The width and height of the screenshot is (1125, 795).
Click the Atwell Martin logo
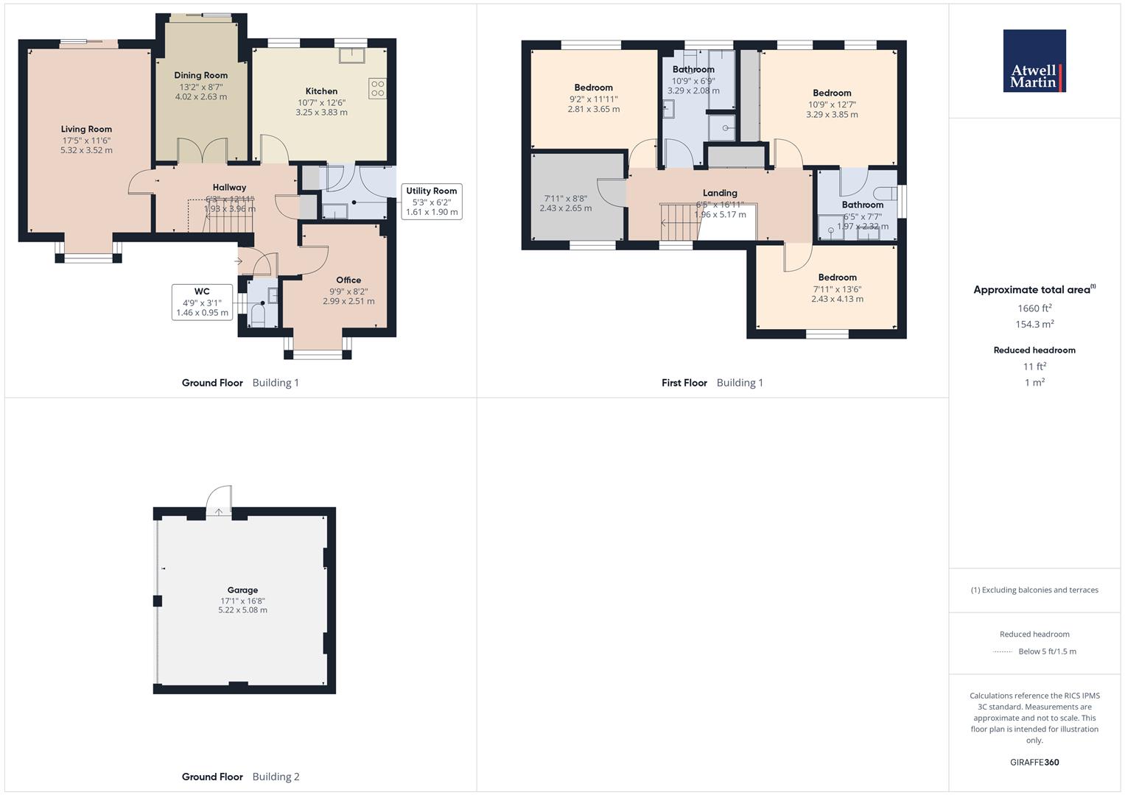coord(1034,61)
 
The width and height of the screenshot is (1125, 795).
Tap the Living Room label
coord(86,130)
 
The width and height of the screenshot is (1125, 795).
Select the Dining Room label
coord(200,75)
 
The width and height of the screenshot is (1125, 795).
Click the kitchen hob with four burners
coord(378,88)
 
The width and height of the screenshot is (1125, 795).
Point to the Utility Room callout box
coord(432,201)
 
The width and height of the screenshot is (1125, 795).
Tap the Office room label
coord(348,280)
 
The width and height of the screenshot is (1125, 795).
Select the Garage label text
coord(242,590)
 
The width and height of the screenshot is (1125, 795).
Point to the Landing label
coord(720,193)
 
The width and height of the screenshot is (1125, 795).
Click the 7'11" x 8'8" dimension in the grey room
coord(565,199)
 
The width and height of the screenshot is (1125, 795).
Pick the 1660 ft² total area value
coord(1034,308)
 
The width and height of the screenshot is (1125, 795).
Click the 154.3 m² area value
coord(1034,325)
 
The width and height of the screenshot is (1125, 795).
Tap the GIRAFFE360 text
coord(1034,762)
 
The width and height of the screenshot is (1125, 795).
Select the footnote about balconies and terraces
coord(1034,590)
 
